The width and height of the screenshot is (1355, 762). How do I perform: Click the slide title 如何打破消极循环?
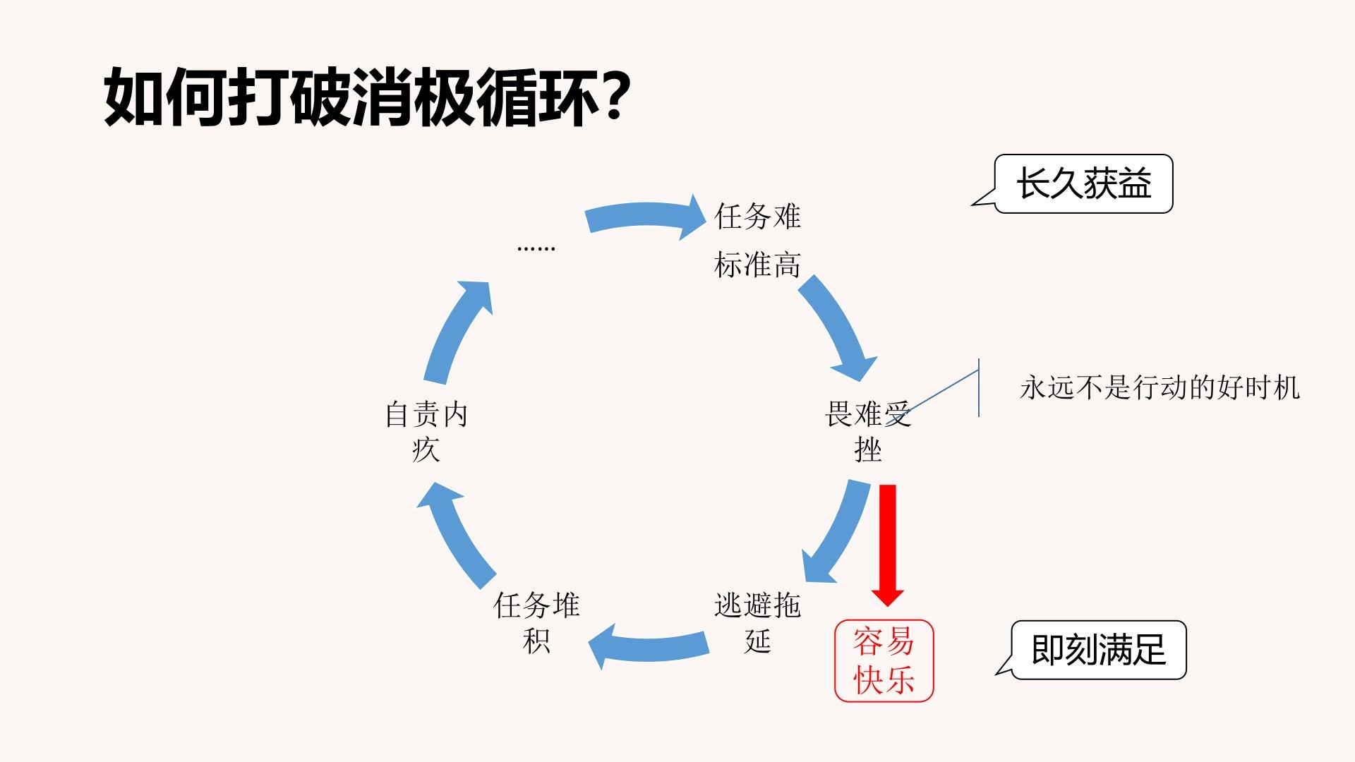(x=366, y=97)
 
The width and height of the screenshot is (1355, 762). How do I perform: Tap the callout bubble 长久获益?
(x=1083, y=183)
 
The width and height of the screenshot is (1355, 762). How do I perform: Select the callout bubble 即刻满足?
(x=1098, y=650)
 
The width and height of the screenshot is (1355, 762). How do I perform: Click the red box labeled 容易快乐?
(x=884, y=660)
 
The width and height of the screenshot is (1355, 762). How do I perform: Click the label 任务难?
(x=757, y=216)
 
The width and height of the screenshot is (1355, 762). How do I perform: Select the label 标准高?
(x=757, y=265)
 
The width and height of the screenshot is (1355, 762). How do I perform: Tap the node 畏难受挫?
(x=867, y=431)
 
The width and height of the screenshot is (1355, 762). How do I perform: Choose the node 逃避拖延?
(x=757, y=622)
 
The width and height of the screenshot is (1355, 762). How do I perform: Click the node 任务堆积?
(x=536, y=622)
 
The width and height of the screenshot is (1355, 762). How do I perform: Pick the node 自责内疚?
(x=426, y=431)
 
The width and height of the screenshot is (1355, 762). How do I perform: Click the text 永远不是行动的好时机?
(x=1160, y=387)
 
